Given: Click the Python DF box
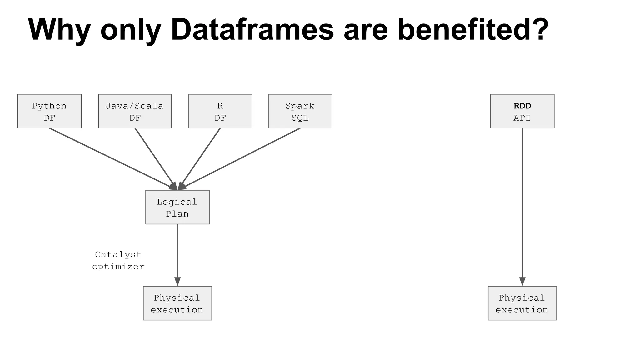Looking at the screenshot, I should tap(49, 111).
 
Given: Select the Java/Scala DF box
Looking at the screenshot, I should tap(135, 111).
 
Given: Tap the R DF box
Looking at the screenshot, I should tap(220, 111).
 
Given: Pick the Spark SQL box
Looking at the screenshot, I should tap(300, 111).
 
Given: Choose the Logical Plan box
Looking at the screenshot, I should tap(177, 207).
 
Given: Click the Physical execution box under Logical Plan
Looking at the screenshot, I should tap(177, 303).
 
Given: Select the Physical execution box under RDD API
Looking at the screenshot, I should tap(522, 303).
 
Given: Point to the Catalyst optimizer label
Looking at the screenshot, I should tap(118, 261).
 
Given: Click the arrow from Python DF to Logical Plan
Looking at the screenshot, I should tap(109, 156).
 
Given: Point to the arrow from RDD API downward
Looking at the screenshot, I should tap(522, 203).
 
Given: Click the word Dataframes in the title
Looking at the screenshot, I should tap(252, 30).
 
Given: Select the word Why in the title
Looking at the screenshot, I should tap(59, 30).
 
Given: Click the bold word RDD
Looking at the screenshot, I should tap(522, 106).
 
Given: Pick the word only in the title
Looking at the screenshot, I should tap(131, 30).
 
